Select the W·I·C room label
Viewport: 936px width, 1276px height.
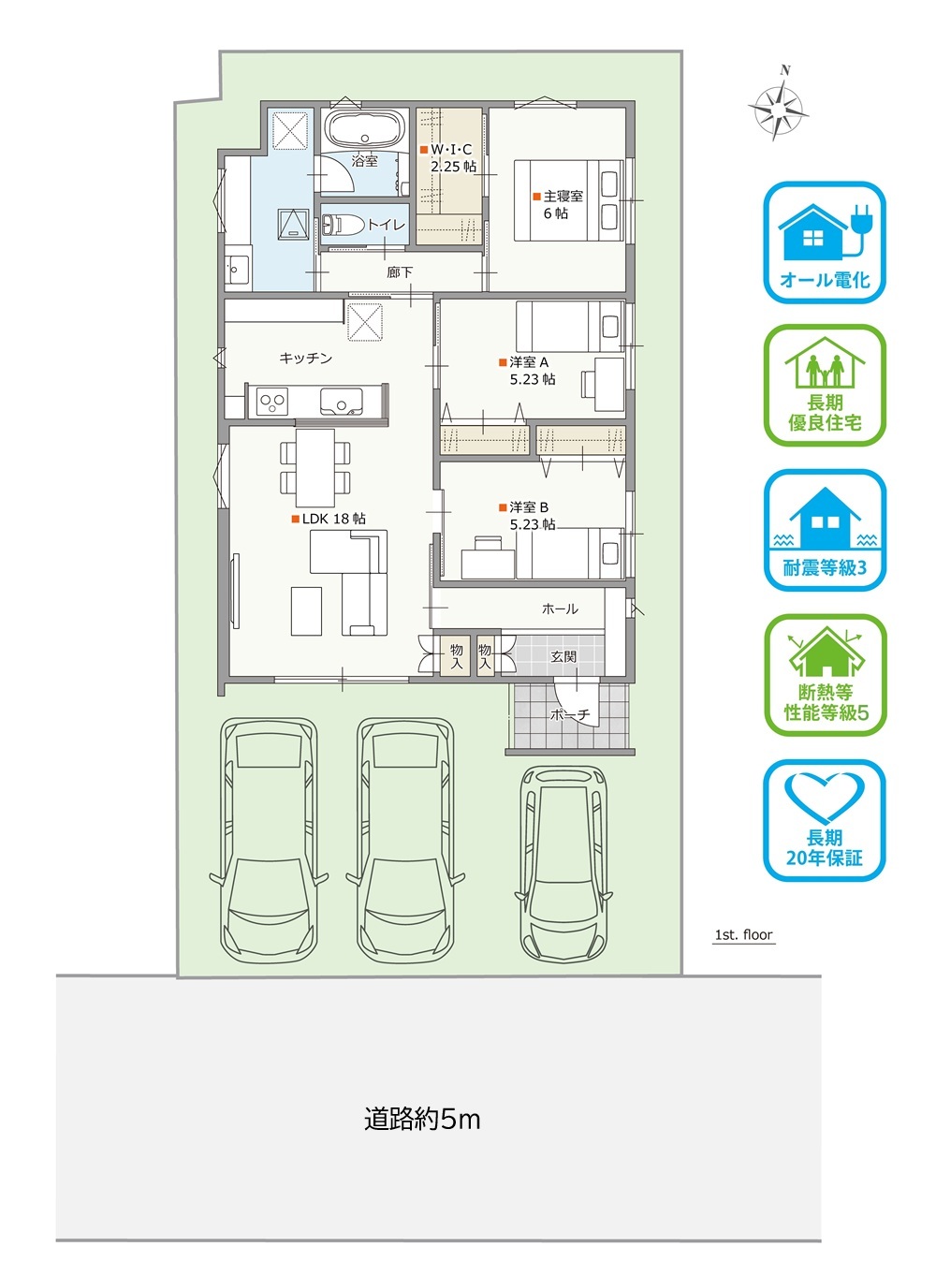coord(451,150)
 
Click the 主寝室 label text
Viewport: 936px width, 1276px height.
coord(563,197)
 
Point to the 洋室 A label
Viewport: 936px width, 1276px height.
coord(529,362)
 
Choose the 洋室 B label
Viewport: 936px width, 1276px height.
coord(529,507)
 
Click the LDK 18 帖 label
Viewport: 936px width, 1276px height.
coord(334,519)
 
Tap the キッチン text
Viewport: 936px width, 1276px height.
coord(305,359)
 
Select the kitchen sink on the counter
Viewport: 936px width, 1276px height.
coord(341,402)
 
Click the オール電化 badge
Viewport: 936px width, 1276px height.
coord(825,242)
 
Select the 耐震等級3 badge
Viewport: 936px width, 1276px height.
coord(825,530)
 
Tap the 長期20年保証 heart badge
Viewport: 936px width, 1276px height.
coord(825,821)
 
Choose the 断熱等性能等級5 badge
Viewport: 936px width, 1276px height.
coord(825,675)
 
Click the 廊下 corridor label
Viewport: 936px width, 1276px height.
coord(400,272)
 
